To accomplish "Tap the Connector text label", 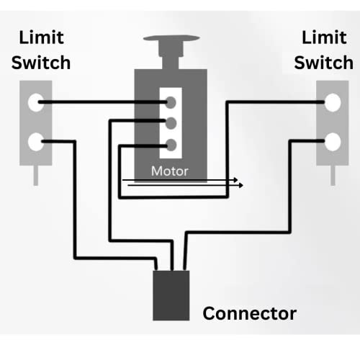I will coord(249,313).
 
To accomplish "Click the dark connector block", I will coord(171,295).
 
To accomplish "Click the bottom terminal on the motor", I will coord(171,143).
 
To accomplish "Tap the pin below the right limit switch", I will coord(333,175).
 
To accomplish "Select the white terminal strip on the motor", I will coord(171,122).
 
